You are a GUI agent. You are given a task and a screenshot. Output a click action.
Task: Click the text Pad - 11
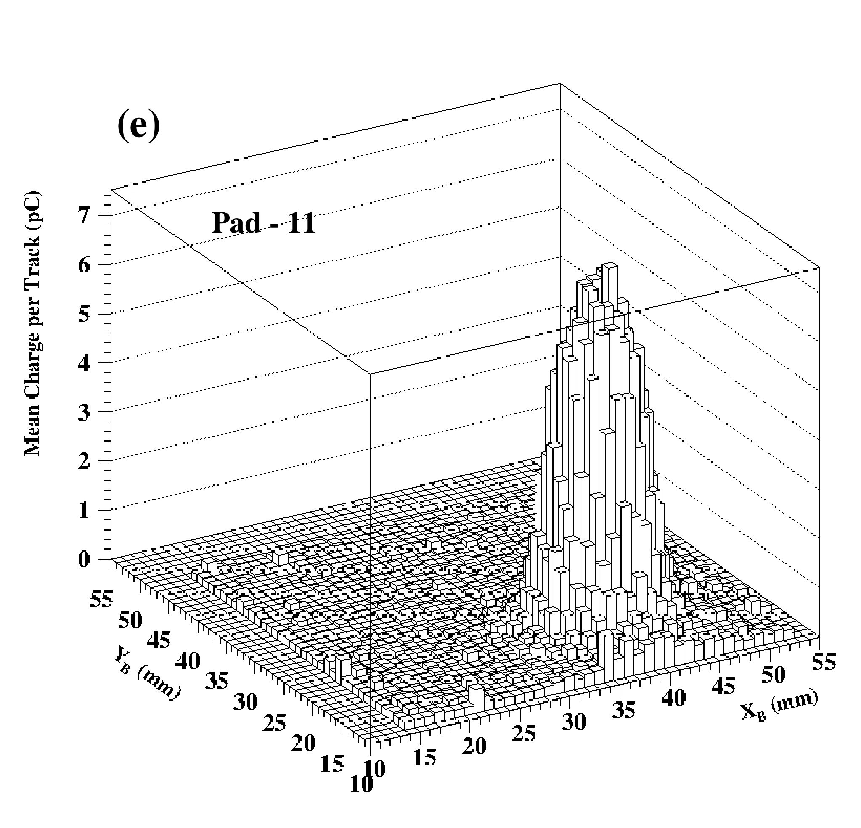(264, 222)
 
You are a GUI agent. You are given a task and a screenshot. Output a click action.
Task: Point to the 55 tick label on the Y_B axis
(101, 599)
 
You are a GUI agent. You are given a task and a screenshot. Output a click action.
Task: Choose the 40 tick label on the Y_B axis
(188, 659)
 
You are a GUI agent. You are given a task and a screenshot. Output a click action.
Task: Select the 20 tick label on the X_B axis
(474, 746)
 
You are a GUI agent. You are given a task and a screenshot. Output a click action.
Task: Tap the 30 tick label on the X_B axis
(574, 721)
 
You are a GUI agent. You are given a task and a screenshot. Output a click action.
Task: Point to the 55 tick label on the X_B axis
(823, 661)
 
